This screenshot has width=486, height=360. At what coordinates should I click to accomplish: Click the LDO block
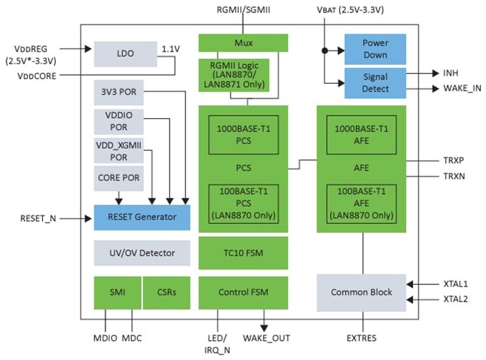[125, 54]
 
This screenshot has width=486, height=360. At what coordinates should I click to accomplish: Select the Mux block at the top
[243, 43]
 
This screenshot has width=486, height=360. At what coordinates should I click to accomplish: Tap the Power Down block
[375, 49]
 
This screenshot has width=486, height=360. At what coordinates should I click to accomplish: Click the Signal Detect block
[375, 83]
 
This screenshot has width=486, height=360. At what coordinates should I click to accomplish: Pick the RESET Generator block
[142, 217]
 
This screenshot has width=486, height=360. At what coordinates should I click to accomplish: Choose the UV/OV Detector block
[142, 253]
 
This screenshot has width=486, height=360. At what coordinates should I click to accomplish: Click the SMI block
[117, 292]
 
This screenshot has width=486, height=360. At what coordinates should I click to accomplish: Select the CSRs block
[166, 292]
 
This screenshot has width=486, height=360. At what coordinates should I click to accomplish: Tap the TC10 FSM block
[243, 253]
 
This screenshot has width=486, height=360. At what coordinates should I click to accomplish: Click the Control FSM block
[243, 292]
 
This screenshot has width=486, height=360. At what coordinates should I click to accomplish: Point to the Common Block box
[361, 292]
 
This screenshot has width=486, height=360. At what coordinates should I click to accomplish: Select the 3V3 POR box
[119, 92]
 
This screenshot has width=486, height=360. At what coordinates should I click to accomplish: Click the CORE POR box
[119, 179]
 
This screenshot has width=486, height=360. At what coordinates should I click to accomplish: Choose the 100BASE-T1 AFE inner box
[361, 204]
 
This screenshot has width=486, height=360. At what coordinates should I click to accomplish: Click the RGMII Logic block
[234, 75]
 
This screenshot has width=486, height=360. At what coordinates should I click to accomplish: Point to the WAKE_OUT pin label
[266, 338]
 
